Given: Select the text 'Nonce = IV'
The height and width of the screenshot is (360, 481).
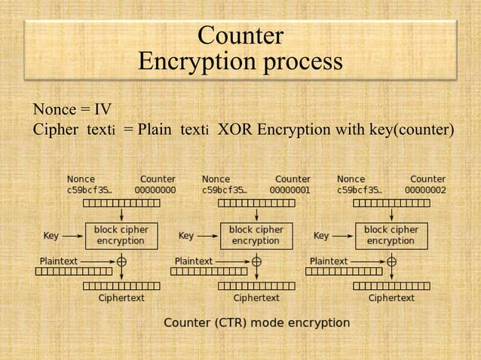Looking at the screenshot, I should point(72,111).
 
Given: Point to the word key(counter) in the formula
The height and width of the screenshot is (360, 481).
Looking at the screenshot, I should point(411,130).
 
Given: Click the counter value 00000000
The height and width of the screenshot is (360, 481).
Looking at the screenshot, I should point(155,191).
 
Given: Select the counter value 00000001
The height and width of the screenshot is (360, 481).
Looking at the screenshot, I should point(290,191).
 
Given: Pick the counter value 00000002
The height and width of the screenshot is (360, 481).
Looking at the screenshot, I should point(425,191).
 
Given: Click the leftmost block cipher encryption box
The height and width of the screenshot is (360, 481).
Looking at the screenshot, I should point(121,235).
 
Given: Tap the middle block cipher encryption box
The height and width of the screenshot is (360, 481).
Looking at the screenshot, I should point(256,235).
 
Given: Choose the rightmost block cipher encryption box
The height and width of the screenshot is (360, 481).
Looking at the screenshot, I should point(391,235).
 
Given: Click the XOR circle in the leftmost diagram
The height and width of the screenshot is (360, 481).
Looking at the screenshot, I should point(121,261).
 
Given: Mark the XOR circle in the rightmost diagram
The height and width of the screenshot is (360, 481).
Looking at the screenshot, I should point(391,261).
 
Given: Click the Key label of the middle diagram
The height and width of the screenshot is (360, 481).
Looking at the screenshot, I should point(186,236).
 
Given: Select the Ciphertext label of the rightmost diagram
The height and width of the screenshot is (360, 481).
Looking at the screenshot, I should point(391,298).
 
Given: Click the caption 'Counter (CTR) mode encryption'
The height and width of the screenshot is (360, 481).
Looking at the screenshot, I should point(257,323).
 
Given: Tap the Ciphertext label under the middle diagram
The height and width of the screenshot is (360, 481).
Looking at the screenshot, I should point(256,298).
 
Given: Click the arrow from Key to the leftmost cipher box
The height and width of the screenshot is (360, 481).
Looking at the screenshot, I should point(73,236).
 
